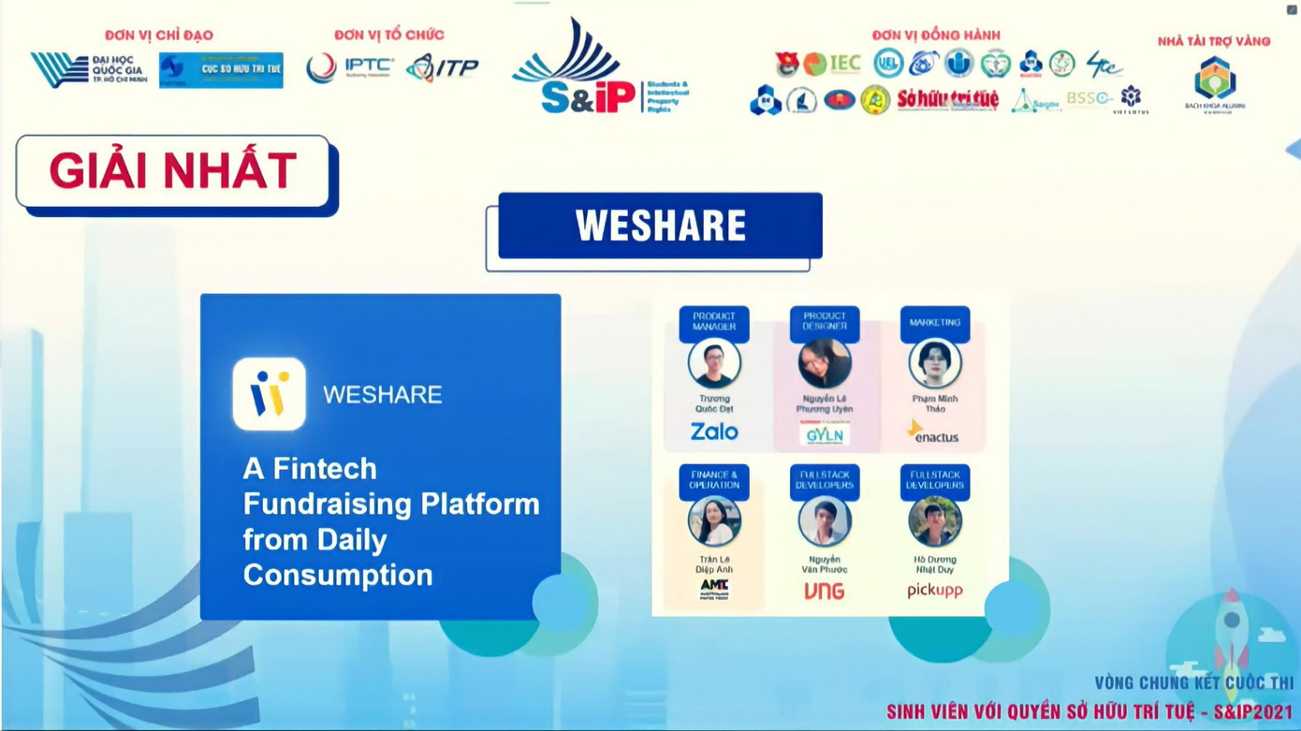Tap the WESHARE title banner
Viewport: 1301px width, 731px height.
(660, 226)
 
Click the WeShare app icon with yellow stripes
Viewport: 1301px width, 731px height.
(270, 394)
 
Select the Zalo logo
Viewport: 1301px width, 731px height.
(714, 431)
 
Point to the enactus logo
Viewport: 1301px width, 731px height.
(934, 432)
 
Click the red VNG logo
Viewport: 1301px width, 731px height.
(824, 591)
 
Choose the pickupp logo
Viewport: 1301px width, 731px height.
(934, 591)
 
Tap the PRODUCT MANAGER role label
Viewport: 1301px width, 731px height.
(714, 322)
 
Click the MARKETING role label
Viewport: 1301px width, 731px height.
(934, 323)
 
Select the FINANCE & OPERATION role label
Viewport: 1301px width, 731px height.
(714, 480)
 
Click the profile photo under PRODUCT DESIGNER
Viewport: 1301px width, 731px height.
(825, 363)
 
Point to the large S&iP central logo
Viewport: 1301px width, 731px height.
(585, 70)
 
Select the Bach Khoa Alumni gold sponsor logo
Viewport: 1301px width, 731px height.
(1214, 82)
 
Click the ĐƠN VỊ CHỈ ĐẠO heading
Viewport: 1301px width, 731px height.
(159, 36)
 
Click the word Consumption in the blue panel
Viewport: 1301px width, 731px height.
(338, 575)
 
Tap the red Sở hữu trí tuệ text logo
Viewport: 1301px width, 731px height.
(947, 99)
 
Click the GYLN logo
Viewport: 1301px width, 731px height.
(825, 435)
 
